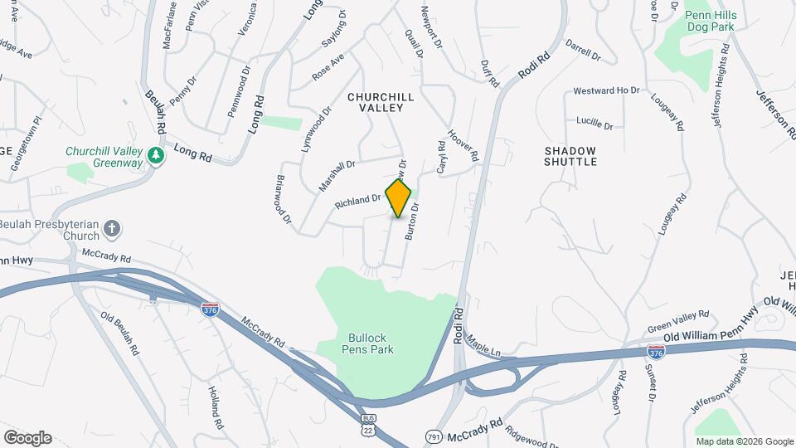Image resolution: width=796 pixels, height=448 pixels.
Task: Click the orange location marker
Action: (x=399, y=198)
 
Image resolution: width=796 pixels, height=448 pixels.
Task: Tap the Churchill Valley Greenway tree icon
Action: (x=155, y=155)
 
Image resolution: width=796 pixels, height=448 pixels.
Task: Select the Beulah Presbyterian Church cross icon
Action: (x=113, y=228)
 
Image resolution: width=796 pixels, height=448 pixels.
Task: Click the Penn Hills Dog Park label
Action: (x=706, y=21)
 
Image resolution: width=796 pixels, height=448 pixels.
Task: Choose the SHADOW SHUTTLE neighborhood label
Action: (x=570, y=156)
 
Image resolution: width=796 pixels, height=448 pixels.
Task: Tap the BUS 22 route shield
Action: (x=367, y=426)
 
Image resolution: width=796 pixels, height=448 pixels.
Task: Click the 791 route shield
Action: (x=434, y=436)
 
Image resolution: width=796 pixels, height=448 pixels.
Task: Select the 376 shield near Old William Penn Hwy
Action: (x=656, y=352)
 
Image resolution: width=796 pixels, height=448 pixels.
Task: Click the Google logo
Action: (x=27, y=437)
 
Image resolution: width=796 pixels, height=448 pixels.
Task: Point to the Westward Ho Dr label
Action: (x=607, y=90)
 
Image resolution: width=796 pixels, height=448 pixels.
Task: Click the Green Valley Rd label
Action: (x=678, y=320)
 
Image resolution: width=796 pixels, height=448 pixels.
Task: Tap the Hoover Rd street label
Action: (x=464, y=145)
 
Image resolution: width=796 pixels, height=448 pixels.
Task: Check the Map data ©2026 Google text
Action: (x=744, y=441)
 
